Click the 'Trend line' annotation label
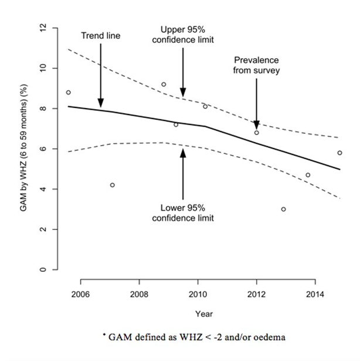point(100,36)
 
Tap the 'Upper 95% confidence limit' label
point(182,34)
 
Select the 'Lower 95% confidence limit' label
point(182,212)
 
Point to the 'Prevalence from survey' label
point(256,66)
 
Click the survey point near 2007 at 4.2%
point(112,185)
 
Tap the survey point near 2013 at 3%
point(283,209)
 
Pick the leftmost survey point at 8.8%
point(68,92)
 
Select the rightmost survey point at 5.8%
point(339,153)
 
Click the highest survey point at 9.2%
point(164,85)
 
